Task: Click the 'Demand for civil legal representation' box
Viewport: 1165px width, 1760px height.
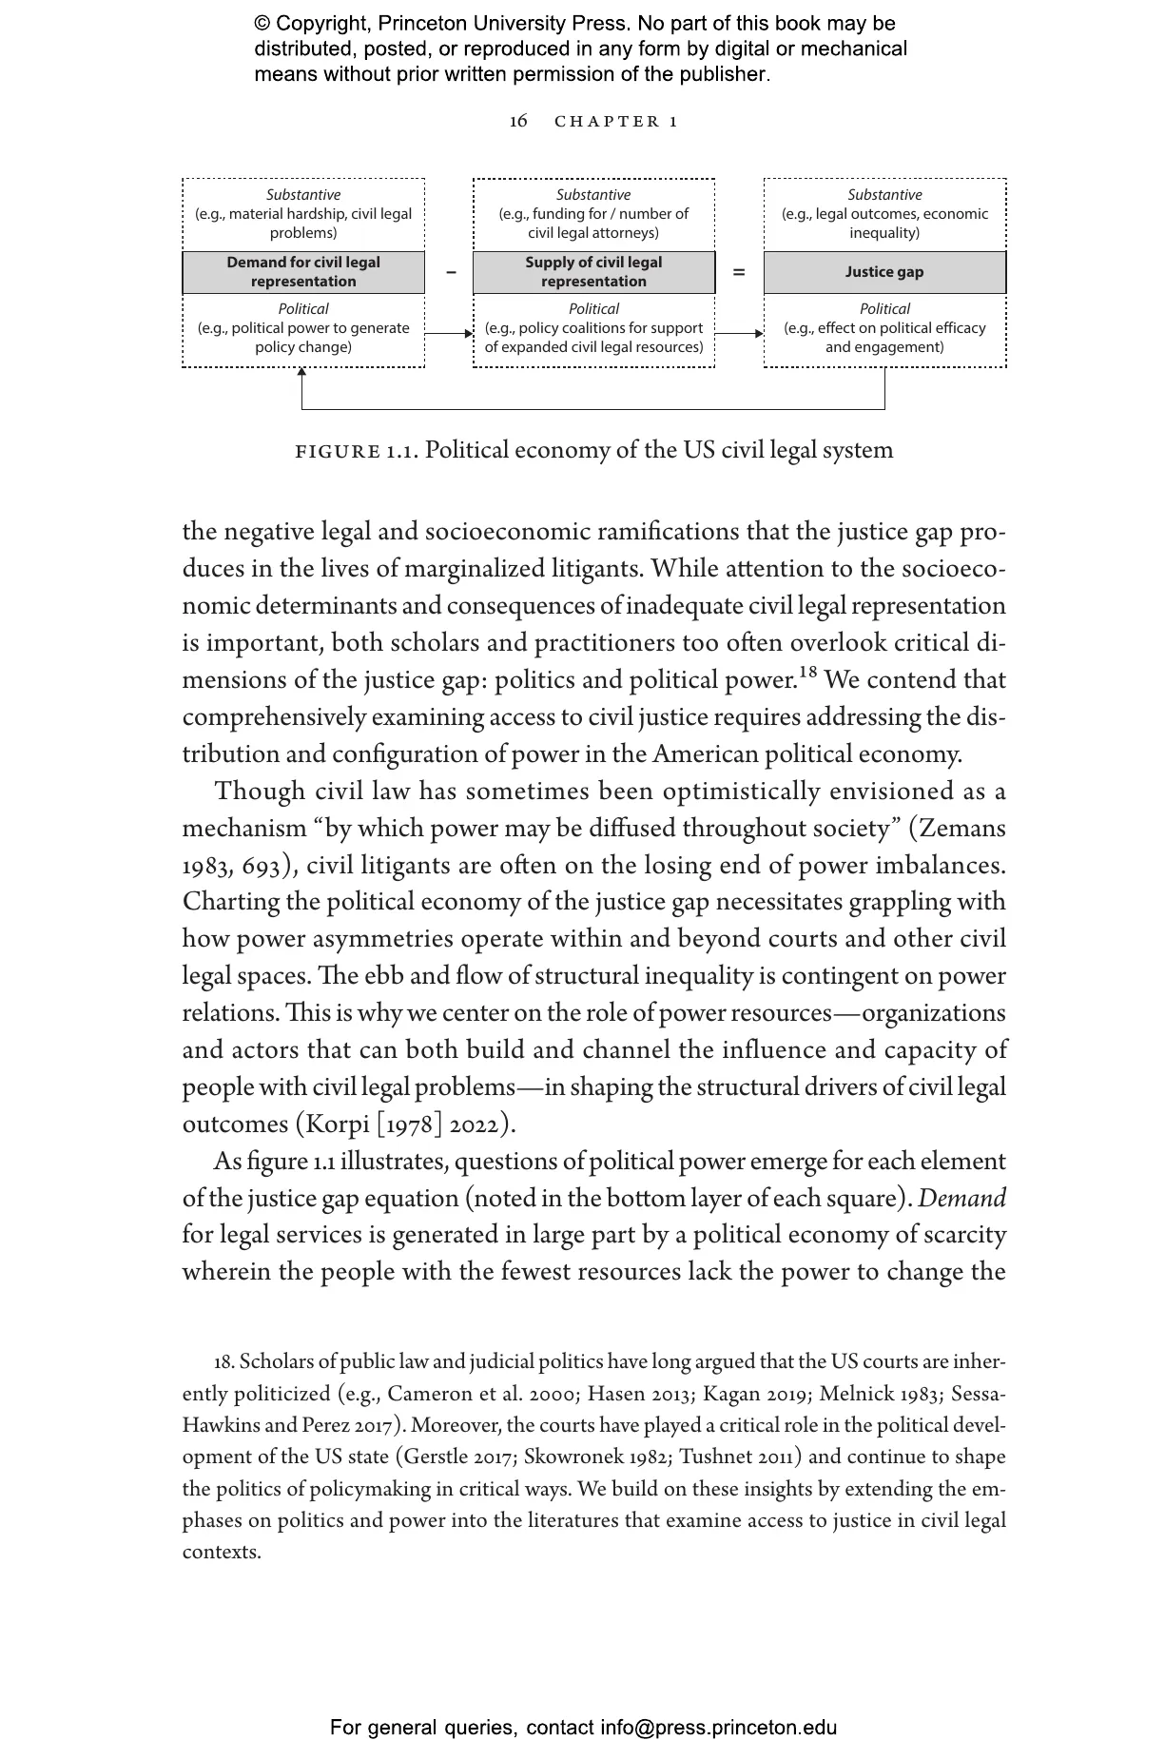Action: pyautogui.click(x=303, y=272)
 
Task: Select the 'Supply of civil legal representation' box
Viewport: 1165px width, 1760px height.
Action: pyautogui.click(x=593, y=272)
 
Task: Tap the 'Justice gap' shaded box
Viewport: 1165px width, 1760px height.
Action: pyautogui.click(x=884, y=272)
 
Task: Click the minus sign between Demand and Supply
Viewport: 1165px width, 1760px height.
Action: pyautogui.click(x=451, y=273)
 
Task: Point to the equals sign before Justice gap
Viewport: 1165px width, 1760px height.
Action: pyautogui.click(x=739, y=273)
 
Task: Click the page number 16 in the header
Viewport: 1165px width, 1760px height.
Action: pyautogui.click(x=518, y=121)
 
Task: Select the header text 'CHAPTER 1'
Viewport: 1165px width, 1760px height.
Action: pyautogui.click(x=616, y=122)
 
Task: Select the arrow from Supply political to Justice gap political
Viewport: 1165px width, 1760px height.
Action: pyautogui.click(x=739, y=334)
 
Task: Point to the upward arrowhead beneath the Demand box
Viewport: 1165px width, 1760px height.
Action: pyautogui.click(x=302, y=373)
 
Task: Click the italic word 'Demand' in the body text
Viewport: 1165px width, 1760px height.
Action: pyautogui.click(x=961, y=1199)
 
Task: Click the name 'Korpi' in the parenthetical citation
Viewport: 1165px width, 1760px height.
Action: pyautogui.click(x=336, y=1124)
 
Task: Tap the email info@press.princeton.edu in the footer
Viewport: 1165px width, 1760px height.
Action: pyautogui.click(x=718, y=1728)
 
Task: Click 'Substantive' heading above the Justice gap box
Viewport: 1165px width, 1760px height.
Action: pyautogui.click(x=884, y=195)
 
